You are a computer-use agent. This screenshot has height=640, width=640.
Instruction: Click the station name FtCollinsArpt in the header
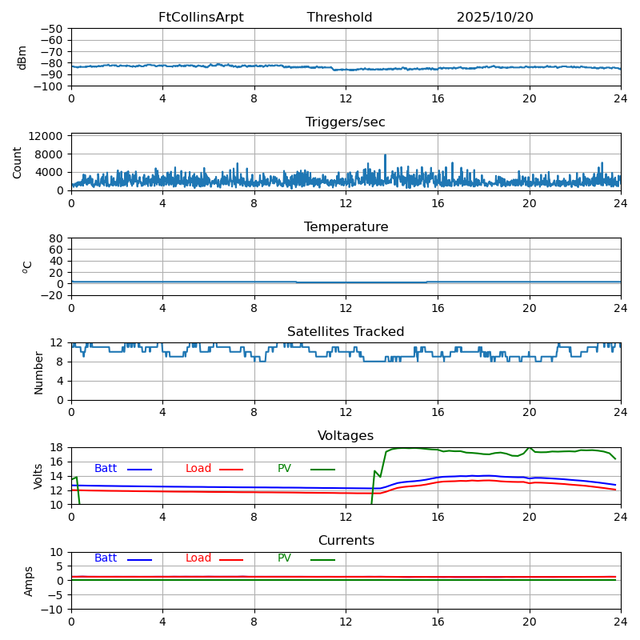click(x=201, y=18)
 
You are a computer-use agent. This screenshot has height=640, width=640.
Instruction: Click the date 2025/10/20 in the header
click(x=494, y=18)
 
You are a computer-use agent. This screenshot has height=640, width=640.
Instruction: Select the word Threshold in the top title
click(x=339, y=18)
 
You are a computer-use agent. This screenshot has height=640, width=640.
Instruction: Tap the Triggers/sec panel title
click(x=346, y=122)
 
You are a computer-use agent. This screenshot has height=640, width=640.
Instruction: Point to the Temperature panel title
click(x=346, y=227)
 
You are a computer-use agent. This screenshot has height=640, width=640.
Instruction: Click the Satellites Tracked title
click(x=346, y=332)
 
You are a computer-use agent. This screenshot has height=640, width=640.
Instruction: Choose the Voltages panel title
click(x=346, y=436)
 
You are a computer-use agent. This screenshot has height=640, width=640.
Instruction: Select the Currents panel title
click(x=346, y=541)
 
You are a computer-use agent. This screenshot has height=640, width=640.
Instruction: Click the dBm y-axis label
click(x=22, y=58)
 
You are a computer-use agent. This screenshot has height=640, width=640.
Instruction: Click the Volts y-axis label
click(x=38, y=476)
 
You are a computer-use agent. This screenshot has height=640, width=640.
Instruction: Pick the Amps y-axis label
click(x=29, y=581)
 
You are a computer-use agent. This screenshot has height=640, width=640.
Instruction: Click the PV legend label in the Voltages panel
click(x=286, y=469)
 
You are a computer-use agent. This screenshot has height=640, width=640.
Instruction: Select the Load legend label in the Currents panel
click(x=198, y=558)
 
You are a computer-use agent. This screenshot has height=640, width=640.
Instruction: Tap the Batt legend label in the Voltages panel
click(x=106, y=469)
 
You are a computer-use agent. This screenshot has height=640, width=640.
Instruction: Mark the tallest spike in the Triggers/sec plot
click(x=385, y=155)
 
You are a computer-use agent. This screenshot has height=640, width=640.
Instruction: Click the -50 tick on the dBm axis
click(x=52, y=29)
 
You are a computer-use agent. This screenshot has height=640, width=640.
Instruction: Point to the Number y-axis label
click(x=38, y=372)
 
